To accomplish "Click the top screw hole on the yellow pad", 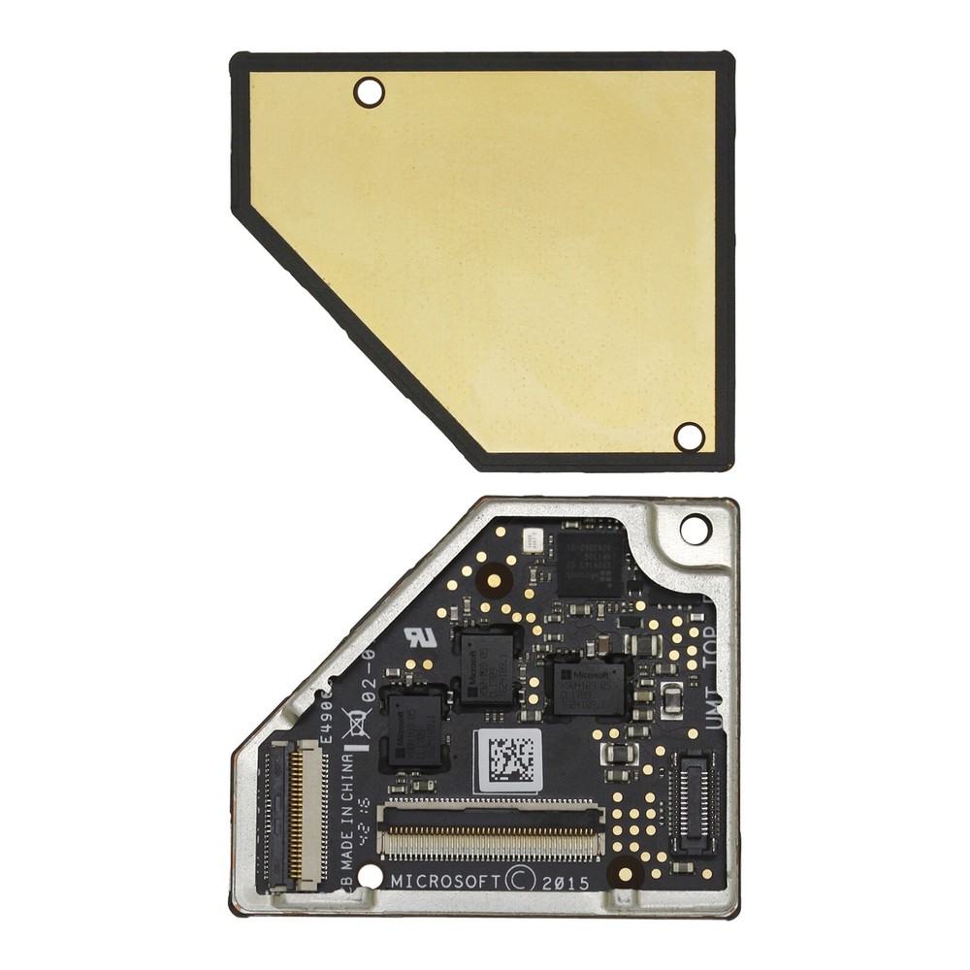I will tap(369, 93).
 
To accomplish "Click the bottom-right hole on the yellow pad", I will tap(690, 436).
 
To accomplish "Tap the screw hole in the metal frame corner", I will tap(695, 530).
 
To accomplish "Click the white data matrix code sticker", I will tap(508, 760).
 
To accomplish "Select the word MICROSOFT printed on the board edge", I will tap(446, 881).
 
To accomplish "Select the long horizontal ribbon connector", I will tap(492, 831).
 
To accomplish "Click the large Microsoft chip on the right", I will tap(588, 683).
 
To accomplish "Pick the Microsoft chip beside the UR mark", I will tap(487, 664).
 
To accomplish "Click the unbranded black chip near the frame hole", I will tap(590, 562).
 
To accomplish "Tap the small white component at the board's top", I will tap(531, 540).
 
